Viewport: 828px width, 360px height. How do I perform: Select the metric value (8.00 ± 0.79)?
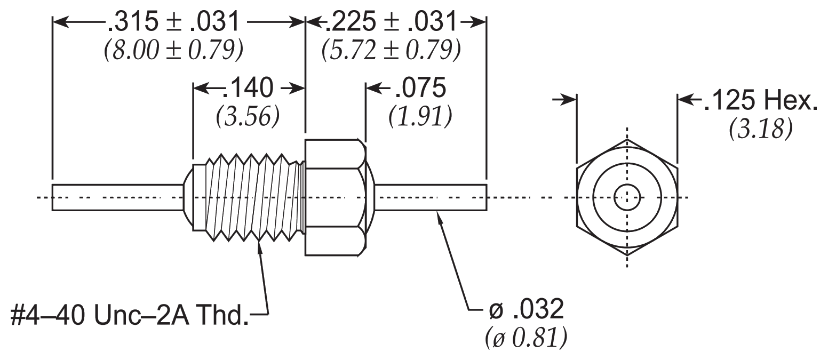coord(173,50)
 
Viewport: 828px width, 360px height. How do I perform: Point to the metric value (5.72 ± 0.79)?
coord(391,50)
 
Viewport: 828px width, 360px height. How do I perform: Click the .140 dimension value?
coord(248,88)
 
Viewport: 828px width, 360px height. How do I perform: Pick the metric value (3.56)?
coord(248,116)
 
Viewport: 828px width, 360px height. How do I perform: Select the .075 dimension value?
coord(420,88)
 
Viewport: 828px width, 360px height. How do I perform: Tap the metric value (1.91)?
coord(420,116)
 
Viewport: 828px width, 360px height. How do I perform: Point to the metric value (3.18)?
coord(761,129)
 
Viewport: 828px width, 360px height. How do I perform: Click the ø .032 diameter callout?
coord(527,309)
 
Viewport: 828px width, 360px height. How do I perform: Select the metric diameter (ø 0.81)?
coord(527,338)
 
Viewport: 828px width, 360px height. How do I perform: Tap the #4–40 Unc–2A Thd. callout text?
coord(130,315)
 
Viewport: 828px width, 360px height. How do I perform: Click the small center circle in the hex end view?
coord(627,197)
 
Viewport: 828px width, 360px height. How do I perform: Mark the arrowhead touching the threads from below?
coord(260,247)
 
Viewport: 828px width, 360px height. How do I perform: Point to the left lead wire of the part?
coord(117,197)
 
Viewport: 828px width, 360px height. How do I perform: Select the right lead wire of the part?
coord(431,197)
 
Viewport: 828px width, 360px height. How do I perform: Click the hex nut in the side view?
coord(336,197)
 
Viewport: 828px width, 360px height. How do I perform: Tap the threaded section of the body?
coord(255,197)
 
